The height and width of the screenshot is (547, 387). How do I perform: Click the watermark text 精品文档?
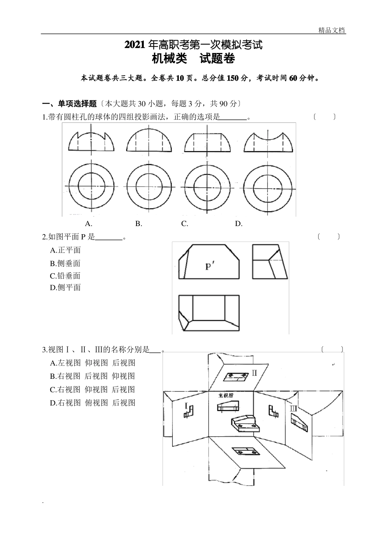click(332, 30)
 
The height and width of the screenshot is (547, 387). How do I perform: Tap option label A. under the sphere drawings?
click(88, 224)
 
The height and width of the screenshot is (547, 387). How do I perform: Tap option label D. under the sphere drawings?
click(239, 224)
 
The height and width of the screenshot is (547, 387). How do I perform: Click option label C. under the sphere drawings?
click(185, 224)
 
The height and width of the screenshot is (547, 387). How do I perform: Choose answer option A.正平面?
click(65, 250)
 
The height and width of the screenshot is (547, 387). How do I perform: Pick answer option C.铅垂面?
click(65, 276)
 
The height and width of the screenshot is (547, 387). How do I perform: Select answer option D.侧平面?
click(65, 288)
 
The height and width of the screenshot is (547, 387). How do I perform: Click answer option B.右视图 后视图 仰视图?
click(92, 376)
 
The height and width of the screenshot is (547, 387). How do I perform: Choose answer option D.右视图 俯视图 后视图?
click(92, 403)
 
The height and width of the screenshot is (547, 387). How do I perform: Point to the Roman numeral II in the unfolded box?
click(254, 373)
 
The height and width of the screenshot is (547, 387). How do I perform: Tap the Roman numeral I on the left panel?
click(186, 406)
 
